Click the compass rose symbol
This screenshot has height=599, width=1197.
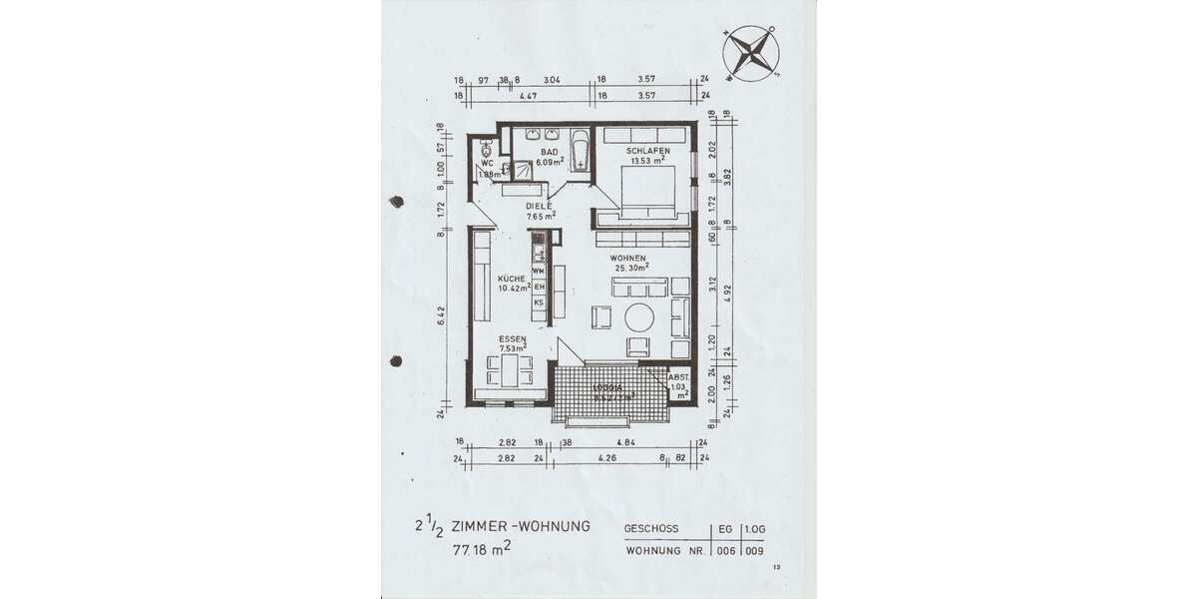coord(750,51)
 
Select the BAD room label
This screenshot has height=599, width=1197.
coord(549,151)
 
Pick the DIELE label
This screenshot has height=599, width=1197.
coord(540,207)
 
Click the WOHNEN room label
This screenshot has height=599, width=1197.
coord(630,258)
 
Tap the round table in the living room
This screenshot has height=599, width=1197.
coord(638,317)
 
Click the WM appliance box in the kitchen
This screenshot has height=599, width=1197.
coord(539,271)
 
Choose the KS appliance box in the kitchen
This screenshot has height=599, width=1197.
coord(539,302)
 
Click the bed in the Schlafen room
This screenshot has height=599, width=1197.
coord(647,190)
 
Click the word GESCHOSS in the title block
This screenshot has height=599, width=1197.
coord(651,528)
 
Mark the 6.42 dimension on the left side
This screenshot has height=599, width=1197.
coord(441,316)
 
